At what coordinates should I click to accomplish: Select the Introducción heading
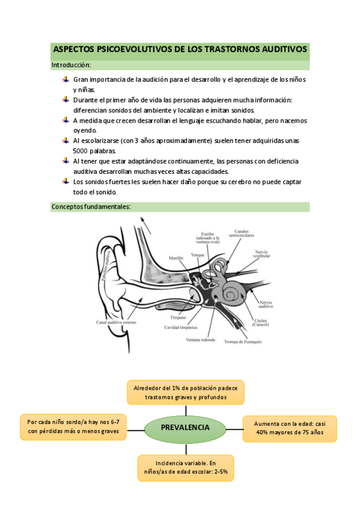click(x=71, y=65)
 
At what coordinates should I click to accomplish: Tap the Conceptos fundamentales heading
click(x=91, y=207)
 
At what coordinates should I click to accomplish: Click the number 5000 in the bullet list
click(x=81, y=151)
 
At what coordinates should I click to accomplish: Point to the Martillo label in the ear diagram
click(x=175, y=258)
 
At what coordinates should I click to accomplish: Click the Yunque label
click(x=198, y=254)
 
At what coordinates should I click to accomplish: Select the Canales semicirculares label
click(x=242, y=233)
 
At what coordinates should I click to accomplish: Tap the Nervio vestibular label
click(x=261, y=254)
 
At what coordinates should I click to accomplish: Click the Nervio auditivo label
click(x=266, y=304)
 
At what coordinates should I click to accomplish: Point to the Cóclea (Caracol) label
click(x=261, y=322)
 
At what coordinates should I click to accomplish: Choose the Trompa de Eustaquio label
click(x=243, y=342)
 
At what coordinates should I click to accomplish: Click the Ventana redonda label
click(x=201, y=340)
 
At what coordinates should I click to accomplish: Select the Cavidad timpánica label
click(x=181, y=327)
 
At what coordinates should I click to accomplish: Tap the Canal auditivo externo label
click(x=116, y=322)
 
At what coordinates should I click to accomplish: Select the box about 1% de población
click(x=186, y=392)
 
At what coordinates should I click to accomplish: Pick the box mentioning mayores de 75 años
click(x=290, y=428)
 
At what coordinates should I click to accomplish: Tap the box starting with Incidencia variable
click(x=186, y=468)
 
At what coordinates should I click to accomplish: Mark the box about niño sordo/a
click(x=73, y=427)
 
